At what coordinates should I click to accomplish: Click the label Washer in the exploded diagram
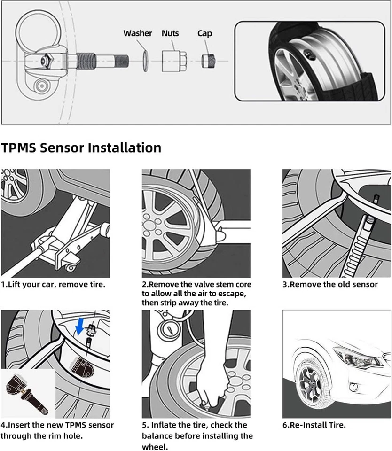point(137,33)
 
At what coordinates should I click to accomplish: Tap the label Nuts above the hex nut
point(170,33)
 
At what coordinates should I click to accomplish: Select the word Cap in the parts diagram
point(204,33)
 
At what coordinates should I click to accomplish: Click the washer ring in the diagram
point(146,61)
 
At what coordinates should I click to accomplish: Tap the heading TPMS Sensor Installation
point(81,148)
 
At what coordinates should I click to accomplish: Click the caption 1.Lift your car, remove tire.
point(53,285)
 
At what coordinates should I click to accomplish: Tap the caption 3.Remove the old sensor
point(330,285)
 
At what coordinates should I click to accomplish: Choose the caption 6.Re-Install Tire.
point(314,425)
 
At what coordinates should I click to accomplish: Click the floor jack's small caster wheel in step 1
point(70,268)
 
